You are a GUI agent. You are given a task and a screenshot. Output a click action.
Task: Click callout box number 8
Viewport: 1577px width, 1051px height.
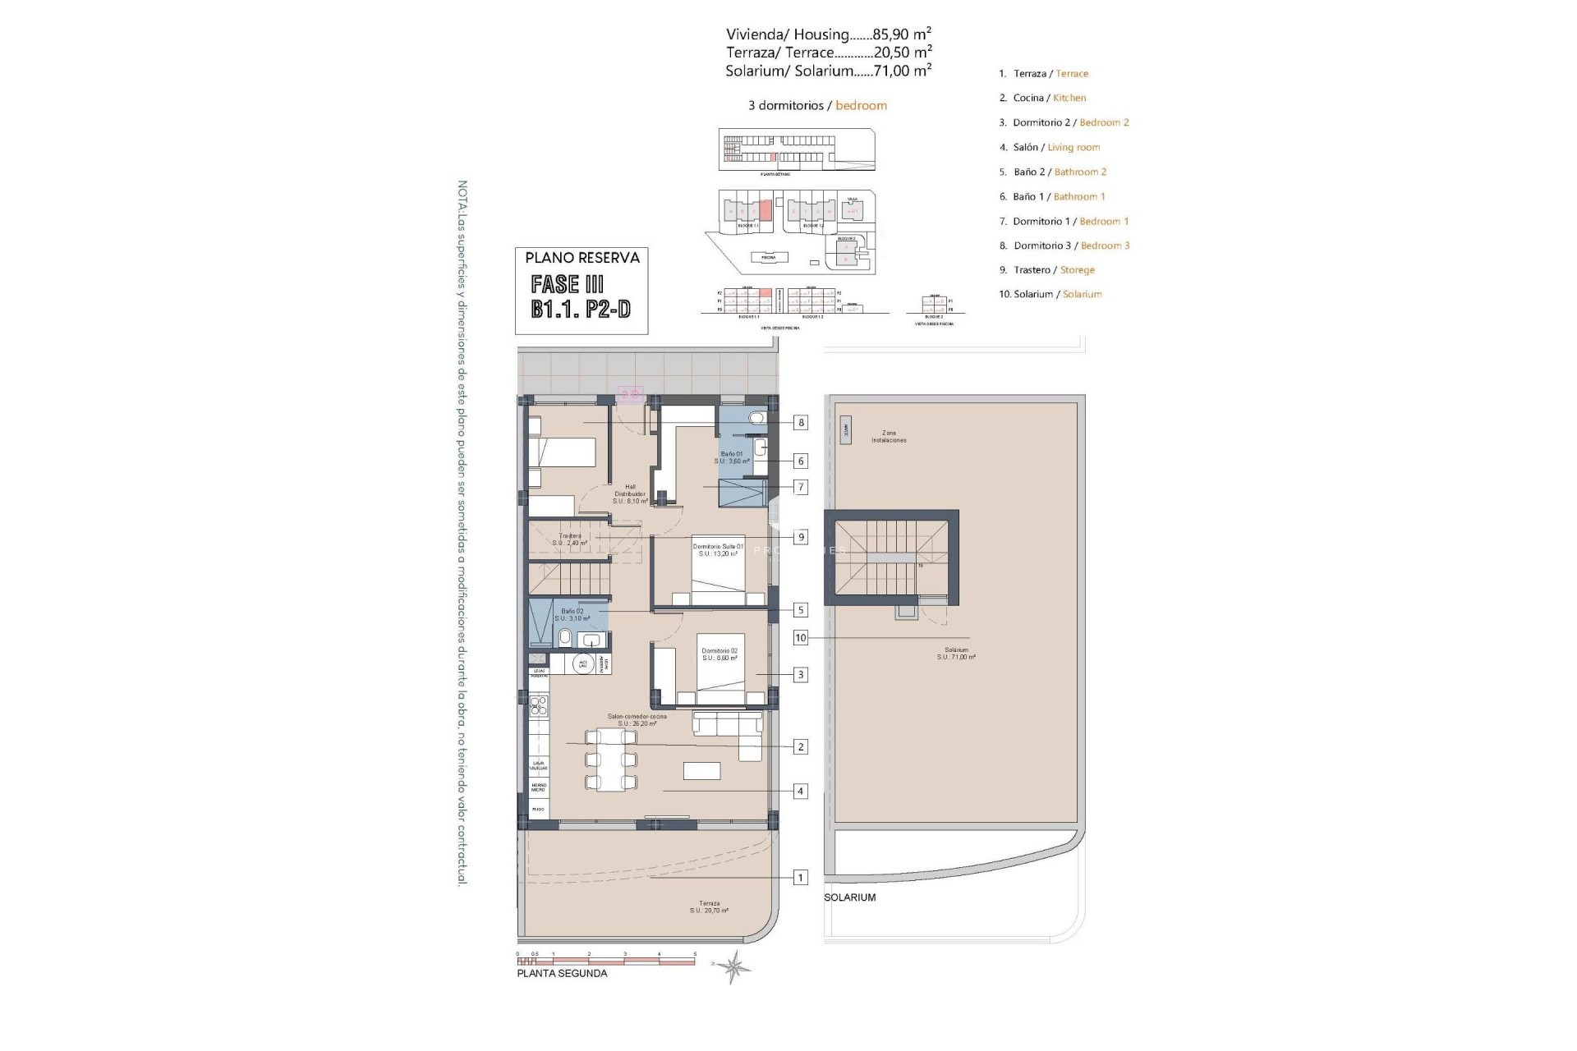800,423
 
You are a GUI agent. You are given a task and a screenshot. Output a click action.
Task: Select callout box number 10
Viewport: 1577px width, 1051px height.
800,638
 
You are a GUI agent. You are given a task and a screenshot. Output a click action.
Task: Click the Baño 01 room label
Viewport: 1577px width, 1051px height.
732,457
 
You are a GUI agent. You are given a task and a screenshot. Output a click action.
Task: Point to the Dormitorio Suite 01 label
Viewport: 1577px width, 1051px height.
718,550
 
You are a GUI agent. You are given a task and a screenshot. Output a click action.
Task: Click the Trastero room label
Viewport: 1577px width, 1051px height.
569,539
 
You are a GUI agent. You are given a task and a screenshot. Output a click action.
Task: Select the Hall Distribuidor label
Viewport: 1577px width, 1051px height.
630,493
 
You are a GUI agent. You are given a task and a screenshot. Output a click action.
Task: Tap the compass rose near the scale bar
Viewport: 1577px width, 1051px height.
733,966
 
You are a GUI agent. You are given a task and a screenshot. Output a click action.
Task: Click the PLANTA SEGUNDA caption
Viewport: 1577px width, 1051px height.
562,974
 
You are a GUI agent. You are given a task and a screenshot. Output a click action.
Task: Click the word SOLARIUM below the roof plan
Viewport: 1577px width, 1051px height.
850,897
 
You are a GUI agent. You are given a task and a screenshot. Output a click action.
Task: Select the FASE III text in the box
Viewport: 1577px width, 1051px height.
568,285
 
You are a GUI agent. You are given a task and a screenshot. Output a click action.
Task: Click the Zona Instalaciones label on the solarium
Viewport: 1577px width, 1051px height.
889,436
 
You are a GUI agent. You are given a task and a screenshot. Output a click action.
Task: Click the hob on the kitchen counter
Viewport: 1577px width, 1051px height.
540,704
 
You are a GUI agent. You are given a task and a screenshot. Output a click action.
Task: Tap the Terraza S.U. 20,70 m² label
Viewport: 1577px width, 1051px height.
709,906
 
